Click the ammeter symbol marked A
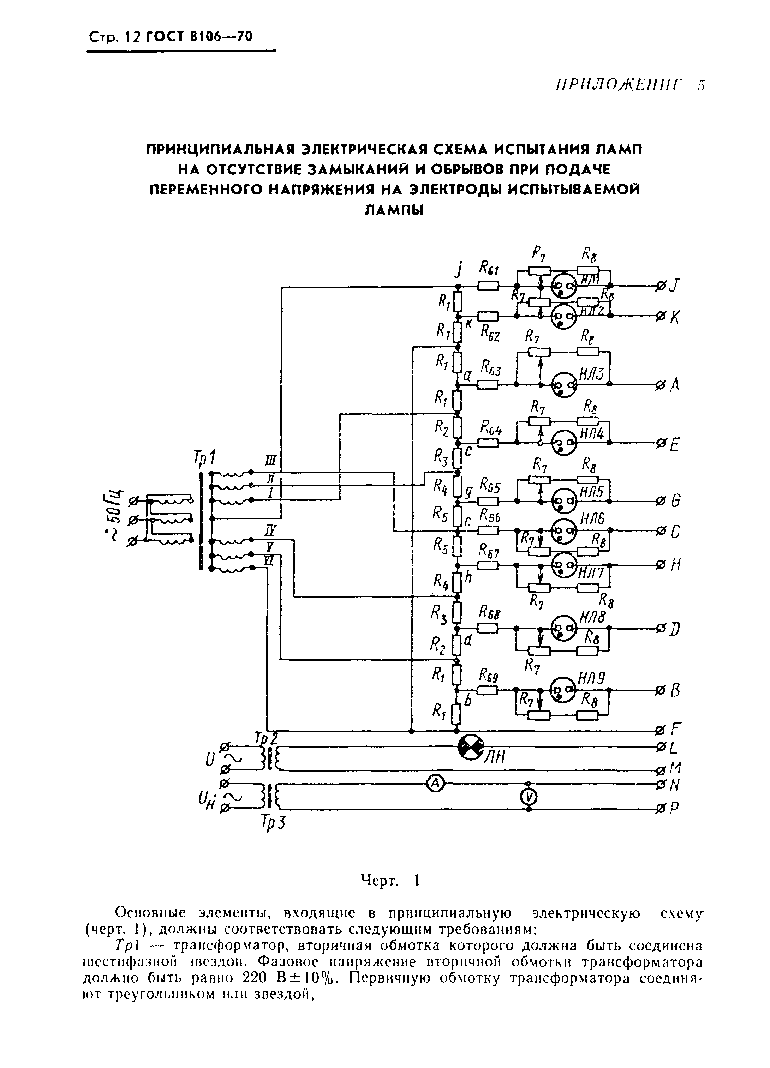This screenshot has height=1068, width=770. [x=436, y=783]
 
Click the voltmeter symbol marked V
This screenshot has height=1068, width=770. [x=529, y=796]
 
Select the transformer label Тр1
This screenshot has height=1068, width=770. [x=204, y=457]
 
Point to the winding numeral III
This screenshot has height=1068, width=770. [x=272, y=460]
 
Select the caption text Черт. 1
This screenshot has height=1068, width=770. [x=389, y=880]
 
